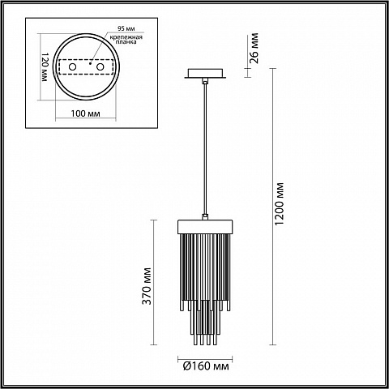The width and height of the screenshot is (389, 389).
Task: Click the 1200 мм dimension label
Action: [280, 204]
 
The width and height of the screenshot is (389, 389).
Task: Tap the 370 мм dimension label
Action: [147, 286]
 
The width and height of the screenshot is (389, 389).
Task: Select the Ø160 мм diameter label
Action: [206, 366]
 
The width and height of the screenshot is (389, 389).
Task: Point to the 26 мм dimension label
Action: [254, 48]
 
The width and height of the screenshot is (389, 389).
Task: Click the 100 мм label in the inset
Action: [85, 113]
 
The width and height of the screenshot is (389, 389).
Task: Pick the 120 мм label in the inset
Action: [45, 67]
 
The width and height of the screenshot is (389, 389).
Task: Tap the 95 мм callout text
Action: [126, 28]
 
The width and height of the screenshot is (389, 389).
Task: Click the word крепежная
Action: [126, 37]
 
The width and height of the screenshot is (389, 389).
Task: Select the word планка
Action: [126, 42]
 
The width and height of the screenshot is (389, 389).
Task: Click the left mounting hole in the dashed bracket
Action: [72, 66]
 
